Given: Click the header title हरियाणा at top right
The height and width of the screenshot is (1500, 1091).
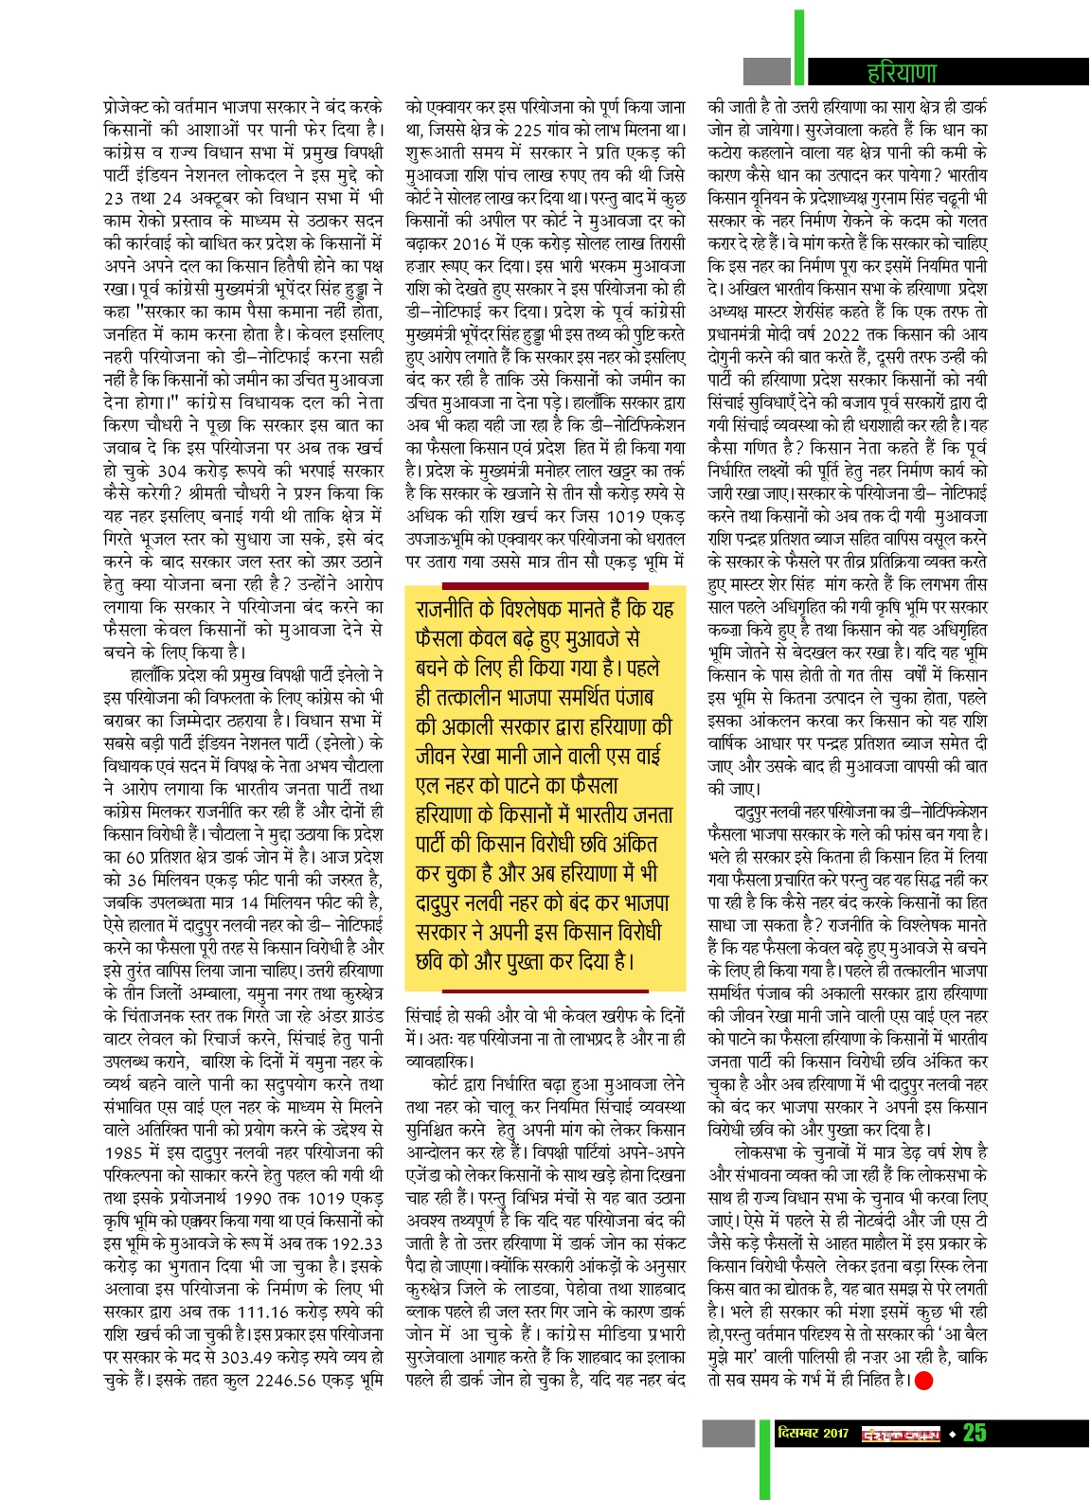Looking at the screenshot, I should [902, 73].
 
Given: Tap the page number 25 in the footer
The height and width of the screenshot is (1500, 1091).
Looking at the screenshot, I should [975, 1433].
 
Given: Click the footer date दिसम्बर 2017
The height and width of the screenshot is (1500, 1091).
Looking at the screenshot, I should [813, 1433].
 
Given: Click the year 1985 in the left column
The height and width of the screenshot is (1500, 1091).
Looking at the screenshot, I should [123, 1152].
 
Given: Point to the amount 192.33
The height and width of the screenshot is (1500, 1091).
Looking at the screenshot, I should [359, 1243].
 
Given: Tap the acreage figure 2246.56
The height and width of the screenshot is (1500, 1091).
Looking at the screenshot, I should [298, 1380].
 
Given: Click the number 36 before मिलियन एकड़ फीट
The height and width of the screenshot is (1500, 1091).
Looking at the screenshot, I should [136, 880].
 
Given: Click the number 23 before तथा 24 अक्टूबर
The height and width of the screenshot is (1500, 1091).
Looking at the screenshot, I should [114, 198].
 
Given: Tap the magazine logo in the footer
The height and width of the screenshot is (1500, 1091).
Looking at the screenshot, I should [900, 1434].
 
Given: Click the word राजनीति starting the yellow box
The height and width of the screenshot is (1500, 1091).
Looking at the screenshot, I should [453, 609].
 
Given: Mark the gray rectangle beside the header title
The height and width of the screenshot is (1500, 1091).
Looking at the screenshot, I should [766, 71].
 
